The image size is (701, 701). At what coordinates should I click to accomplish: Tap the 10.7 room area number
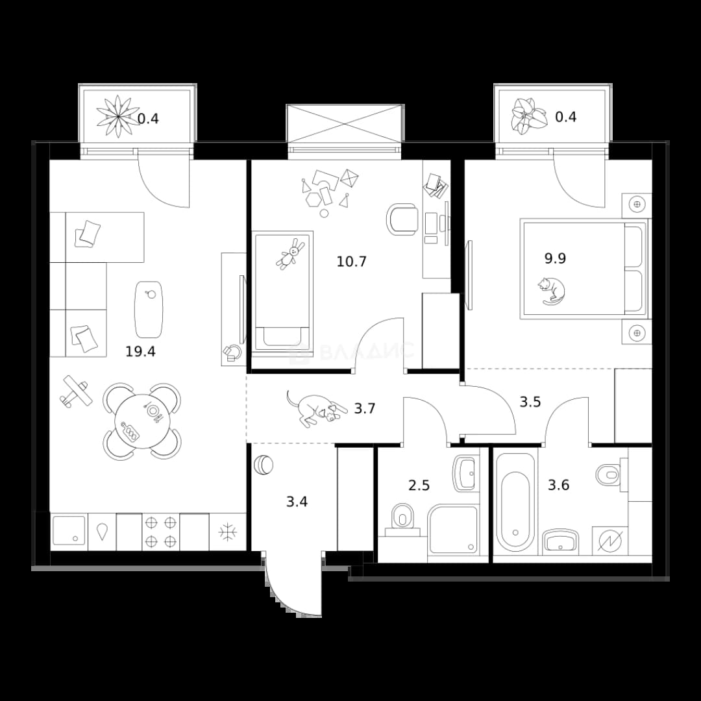pyautogui.click(x=351, y=262)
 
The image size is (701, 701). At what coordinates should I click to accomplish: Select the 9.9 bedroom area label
pyautogui.click(x=555, y=258)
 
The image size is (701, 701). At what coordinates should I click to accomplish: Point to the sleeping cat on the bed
pyautogui.click(x=552, y=291)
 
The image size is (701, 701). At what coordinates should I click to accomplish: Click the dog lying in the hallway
pyautogui.click(x=317, y=409)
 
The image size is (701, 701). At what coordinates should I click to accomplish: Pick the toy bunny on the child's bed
pyautogui.click(x=289, y=254)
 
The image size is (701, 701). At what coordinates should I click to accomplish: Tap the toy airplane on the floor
pyautogui.click(x=75, y=391)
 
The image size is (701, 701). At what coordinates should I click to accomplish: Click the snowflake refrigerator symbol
pyautogui.click(x=228, y=532)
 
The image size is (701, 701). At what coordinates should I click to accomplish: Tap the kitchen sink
pyautogui.click(x=69, y=531)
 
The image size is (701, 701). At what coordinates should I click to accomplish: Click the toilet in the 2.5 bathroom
pyautogui.click(x=402, y=519)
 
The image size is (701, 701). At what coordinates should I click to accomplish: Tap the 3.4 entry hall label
pyautogui.click(x=297, y=502)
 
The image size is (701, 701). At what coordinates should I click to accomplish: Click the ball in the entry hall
pyautogui.click(x=263, y=465)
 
